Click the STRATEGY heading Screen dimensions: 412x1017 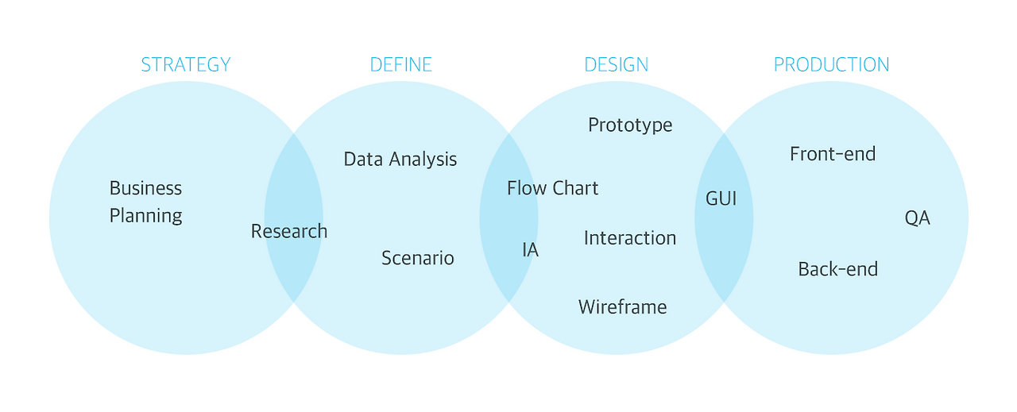(x=186, y=65)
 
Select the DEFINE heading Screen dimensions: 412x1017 (x=401, y=65)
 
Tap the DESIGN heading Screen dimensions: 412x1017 (x=617, y=65)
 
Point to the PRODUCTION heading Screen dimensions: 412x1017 (x=832, y=65)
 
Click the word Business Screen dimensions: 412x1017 (x=145, y=188)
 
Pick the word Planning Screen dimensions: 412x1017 (x=145, y=216)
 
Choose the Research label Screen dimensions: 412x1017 (x=289, y=231)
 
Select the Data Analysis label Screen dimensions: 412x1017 (x=400, y=160)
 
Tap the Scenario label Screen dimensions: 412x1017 (x=418, y=258)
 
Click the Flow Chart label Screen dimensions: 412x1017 (x=553, y=188)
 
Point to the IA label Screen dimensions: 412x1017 (x=531, y=250)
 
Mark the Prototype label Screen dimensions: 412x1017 (x=630, y=125)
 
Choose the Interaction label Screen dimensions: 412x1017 (x=630, y=238)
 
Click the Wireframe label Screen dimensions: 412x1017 (x=623, y=307)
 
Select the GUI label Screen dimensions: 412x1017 (x=721, y=198)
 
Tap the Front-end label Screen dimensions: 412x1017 (x=833, y=154)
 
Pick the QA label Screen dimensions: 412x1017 (x=918, y=218)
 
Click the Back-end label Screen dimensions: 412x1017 (x=838, y=269)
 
